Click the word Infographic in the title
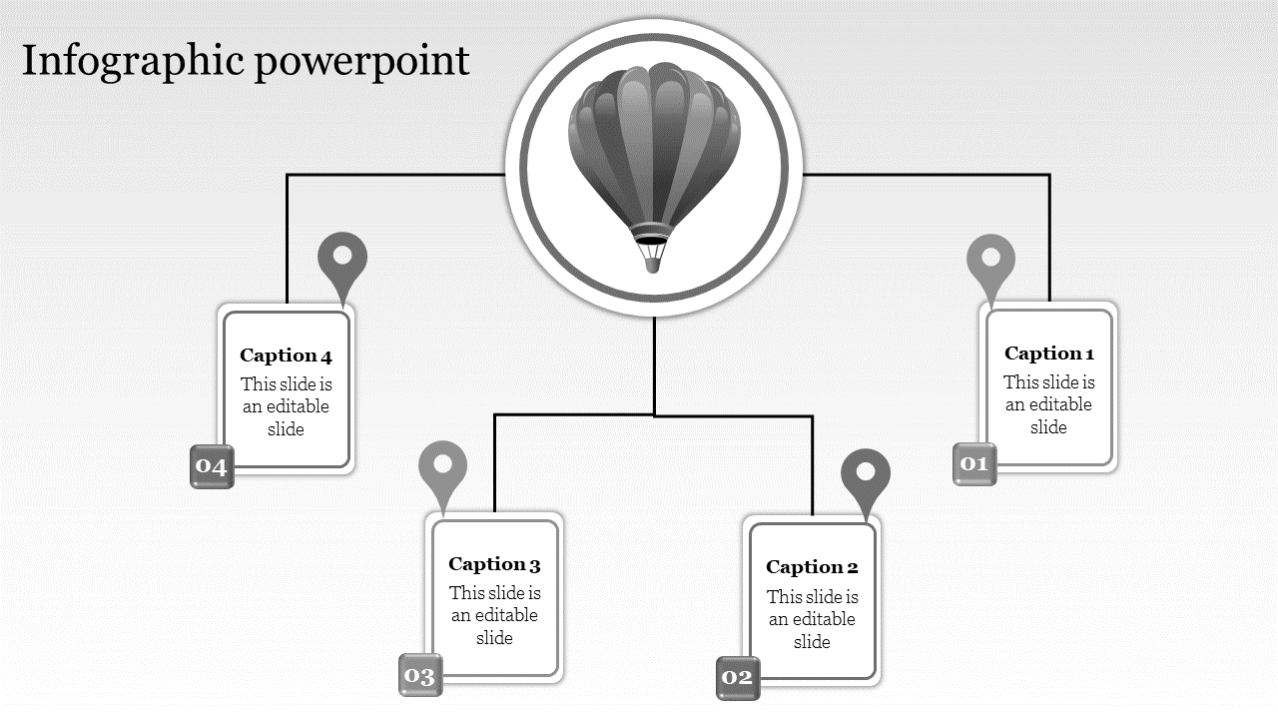click(x=133, y=62)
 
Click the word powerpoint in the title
click(x=361, y=62)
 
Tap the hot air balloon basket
click(x=650, y=258)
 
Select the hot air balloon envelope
click(x=654, y=140)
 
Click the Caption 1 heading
click(x=1049, y=354)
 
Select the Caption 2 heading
click(x=812, y=567)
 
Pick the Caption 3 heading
click(x=494, y=565)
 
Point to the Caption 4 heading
click(x=286, y=356)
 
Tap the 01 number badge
click(x=974, y=463)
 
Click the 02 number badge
click(x=738, y=678)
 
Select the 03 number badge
click(x=420, y=676)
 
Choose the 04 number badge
click(x=212, y=466)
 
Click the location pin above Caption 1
click(x=990, y=260)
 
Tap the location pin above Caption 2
click(x=866, y=474)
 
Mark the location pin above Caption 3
click(x=443, y=466)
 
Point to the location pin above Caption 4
click(x=342, y=258)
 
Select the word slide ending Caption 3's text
click(x=494, y=638)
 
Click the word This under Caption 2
click(x=786, y=597)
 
